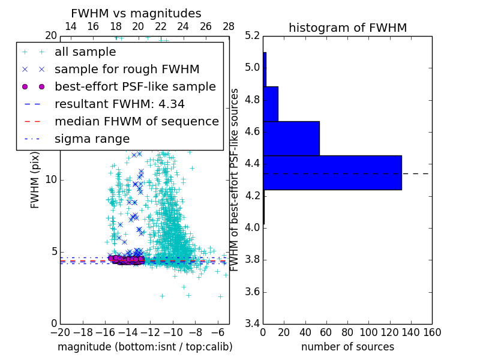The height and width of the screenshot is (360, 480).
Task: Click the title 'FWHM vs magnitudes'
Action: (136, 13)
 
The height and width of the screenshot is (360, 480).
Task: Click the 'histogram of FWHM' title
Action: (347, 28)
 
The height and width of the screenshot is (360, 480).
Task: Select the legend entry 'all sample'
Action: (85, 52)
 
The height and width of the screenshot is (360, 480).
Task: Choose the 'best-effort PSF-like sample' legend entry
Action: (135, 86)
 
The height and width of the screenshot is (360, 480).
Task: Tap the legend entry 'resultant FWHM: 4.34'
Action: (119, 104)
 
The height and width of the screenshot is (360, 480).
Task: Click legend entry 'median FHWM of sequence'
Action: (136, 121)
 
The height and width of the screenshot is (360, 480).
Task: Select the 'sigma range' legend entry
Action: (92, 139)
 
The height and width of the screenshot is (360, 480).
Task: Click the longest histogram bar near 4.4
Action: (332, 172)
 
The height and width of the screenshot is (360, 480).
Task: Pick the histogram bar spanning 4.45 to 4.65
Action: (291, 138)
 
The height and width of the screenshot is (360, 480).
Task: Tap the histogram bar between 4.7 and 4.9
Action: (271, 103)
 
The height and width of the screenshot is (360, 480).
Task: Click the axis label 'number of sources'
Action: (347, 347)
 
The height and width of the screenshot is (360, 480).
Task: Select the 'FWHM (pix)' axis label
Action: (35, 180)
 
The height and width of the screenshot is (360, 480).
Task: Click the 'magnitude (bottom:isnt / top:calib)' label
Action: (145, 347)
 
